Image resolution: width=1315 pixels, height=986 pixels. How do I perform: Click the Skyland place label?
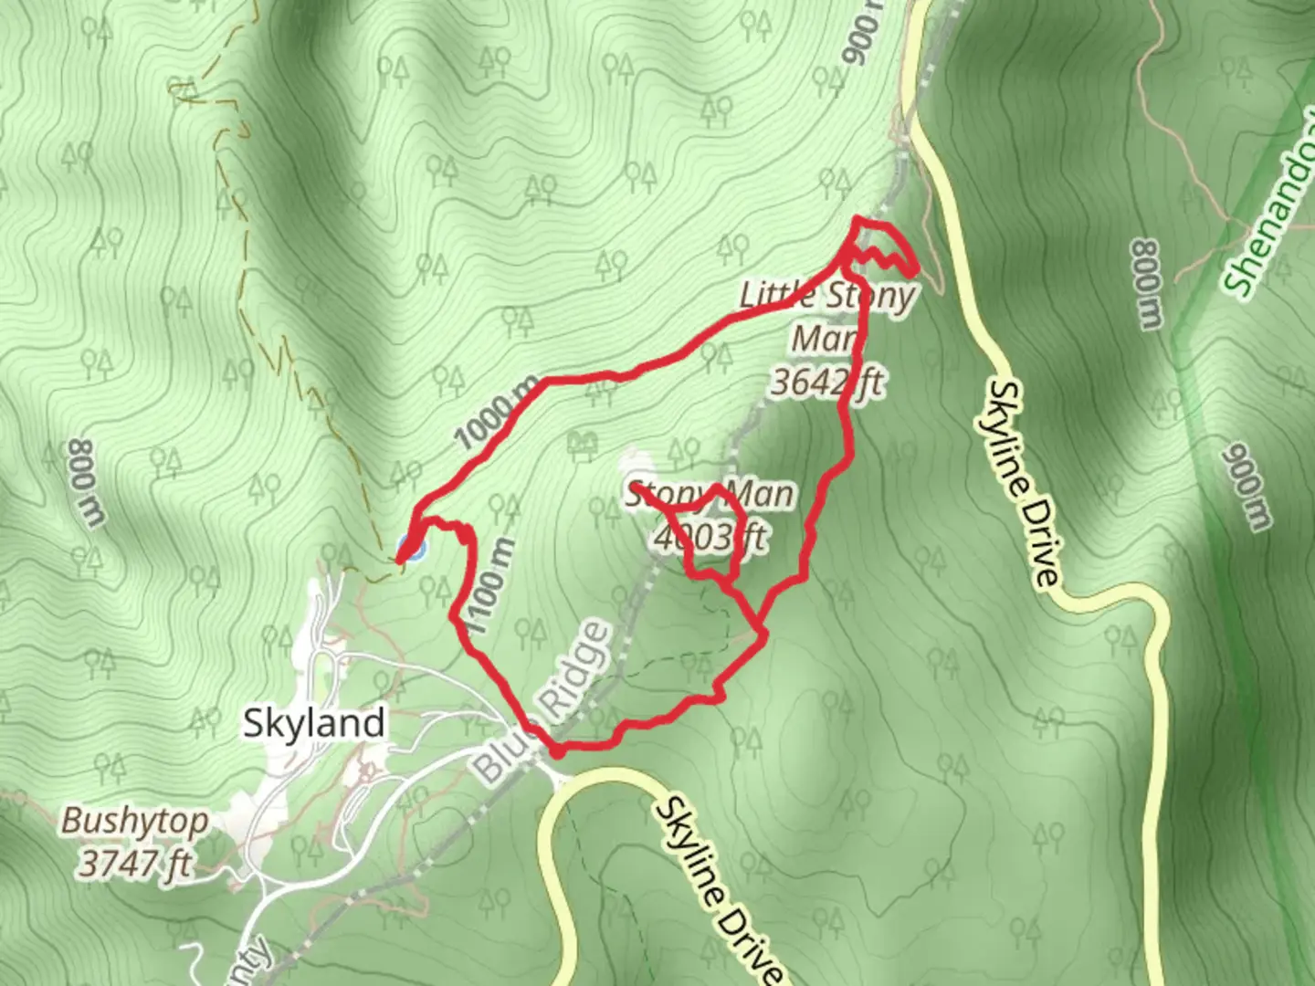(313, 723)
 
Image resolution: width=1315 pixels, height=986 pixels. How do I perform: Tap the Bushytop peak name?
(134, 822)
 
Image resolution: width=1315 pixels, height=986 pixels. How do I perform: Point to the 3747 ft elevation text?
(134, 863)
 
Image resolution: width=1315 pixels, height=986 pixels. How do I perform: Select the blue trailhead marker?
(411, 549)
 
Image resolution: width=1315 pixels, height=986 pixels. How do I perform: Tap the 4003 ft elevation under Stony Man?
(709, 538)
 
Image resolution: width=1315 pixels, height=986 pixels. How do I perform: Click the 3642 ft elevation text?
(826, 382)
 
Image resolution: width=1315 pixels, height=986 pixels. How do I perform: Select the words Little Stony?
(826, 295)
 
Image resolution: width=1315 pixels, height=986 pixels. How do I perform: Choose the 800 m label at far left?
(86, 483)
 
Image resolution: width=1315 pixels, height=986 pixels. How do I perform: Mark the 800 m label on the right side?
(1147, 283)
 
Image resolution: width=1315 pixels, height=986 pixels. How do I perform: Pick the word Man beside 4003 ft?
(760, 495)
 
